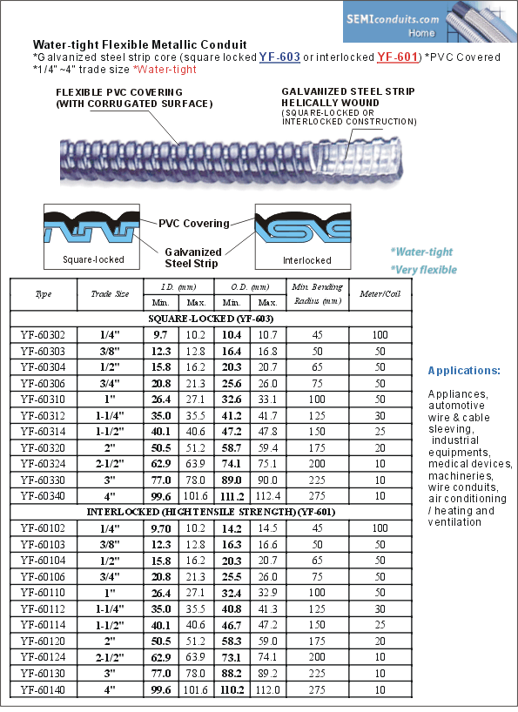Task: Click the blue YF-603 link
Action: tap(279, 57)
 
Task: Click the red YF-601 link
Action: tap(397, 57)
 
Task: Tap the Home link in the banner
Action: tap(421, 33)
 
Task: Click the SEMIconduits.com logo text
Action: tap(393, 19)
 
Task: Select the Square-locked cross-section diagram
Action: tap(91, 237)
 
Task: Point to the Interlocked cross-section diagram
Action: tap(303, 237)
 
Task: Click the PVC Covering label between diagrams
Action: tap(194, 224)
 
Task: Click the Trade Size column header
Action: tap(110, 294)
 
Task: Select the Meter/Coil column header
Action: tap(380, 294)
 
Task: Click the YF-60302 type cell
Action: tap(43, 335)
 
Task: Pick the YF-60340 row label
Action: tap(43, 496)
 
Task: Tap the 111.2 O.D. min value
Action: tap(232, 497)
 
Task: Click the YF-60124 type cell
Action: tap(43, 657)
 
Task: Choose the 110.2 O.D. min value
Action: tap(232, 690)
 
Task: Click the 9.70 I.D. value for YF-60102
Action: tap(161, 528)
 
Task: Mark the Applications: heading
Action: tap(464, 371)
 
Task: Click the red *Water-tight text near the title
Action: tap(165, 70)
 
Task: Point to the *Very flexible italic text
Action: tap(424, 270)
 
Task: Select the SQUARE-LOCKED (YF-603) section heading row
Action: tap(211, 319)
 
